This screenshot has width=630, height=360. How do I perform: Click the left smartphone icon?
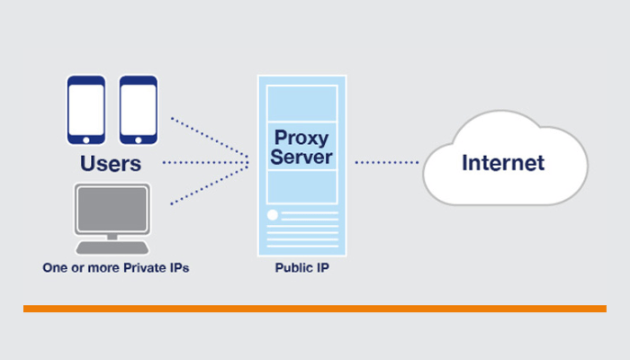click(86, 111)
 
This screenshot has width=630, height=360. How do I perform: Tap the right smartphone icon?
click(139, 111)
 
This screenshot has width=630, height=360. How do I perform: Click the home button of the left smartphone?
click(86, 140)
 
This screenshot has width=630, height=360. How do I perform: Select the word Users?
click(111, 165)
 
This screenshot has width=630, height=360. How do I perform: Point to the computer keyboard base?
click(111, 247)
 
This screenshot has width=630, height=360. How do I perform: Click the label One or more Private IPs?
click(116, 268)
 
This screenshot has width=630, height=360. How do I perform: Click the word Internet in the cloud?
click(503, 163)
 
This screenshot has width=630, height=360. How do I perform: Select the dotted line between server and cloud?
click(387, 163)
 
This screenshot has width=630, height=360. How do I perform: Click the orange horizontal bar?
click(315, 309)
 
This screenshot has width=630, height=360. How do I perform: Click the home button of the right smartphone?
click(139, 140)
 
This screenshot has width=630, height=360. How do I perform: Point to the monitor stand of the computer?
click(111, 236)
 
